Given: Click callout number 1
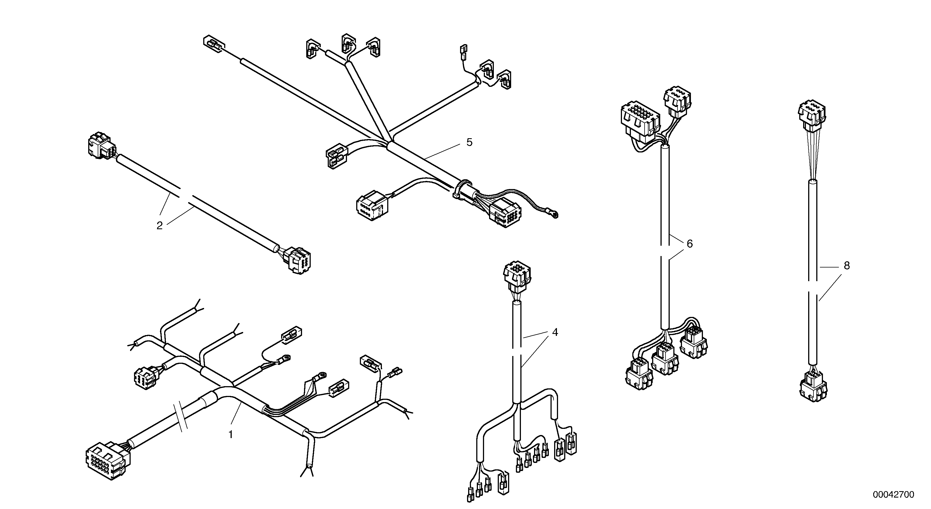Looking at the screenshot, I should click(x=231, y=434).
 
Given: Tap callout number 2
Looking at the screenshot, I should click(x=159, y=226).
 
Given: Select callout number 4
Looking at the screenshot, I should click(x=555, y=332).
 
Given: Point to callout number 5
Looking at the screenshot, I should click(x=469, y=142).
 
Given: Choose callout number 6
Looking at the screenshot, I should click(x=690, y=244).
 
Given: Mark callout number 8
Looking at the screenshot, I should click(x=847, y=266).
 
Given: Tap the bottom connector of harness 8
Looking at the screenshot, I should click(x=813, y=389).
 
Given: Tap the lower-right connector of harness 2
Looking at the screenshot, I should click(x=300, y=260).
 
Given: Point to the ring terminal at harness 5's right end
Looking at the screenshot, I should click(x=554, y=215).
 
